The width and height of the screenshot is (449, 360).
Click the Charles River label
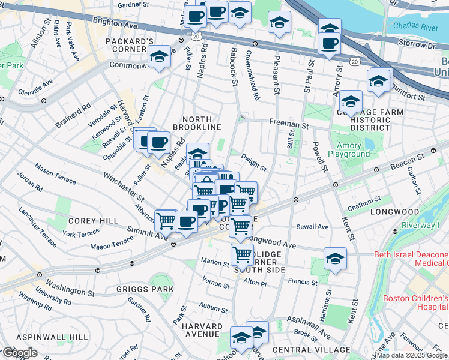coord(415,26)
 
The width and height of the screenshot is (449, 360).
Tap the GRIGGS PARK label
coord(146,289)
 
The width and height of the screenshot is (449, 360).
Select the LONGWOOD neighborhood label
coord(394,212)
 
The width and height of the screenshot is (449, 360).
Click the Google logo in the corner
coord(19,352)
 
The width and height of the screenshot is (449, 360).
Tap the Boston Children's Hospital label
coord(415,302)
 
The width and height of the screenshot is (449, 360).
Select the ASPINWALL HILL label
coord(44,337)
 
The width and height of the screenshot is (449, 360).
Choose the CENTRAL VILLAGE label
coord(311,349)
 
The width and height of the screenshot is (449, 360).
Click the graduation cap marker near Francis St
coord(335,259)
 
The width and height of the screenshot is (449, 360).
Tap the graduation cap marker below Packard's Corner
coord(159,58)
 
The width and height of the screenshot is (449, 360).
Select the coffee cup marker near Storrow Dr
coord(329,43)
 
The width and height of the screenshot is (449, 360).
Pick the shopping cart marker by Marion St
coord(242,254)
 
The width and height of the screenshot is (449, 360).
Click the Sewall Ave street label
coord(313,227)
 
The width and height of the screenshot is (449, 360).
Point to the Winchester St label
coord(124,187)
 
